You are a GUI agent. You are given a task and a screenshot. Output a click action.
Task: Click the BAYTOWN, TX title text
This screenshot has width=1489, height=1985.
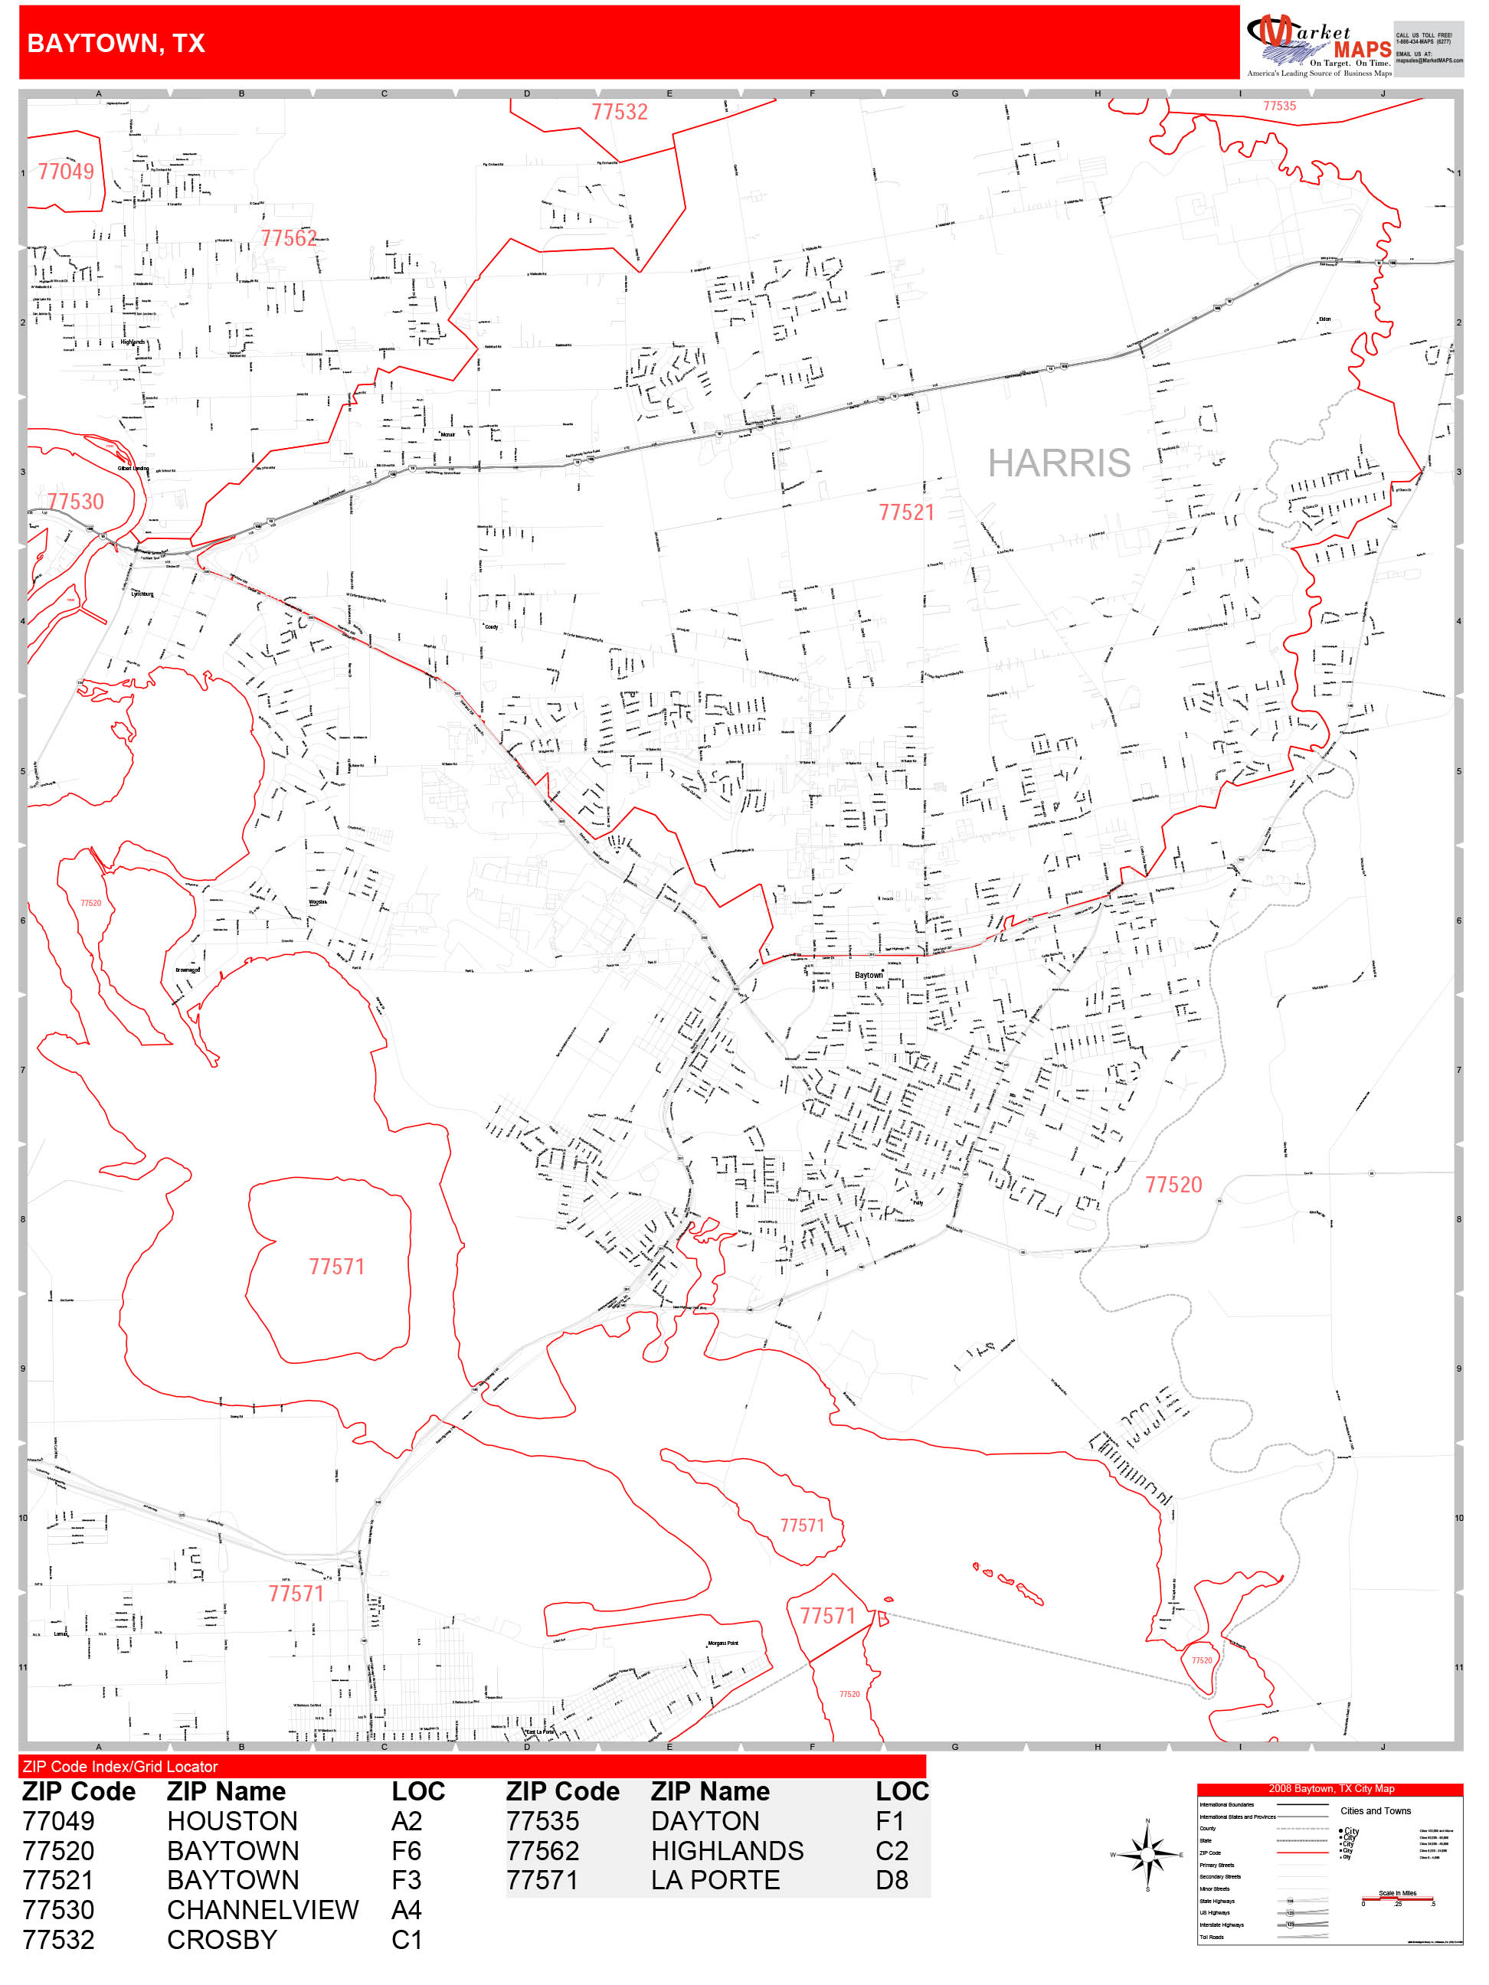tap(116, 43)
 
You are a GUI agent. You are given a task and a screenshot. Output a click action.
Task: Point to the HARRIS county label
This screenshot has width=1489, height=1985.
tap(1059, 463)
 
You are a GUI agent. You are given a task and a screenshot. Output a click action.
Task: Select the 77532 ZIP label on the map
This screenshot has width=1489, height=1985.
tap(620, 112)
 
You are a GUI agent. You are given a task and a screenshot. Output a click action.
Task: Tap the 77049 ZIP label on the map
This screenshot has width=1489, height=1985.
tap(66, 172)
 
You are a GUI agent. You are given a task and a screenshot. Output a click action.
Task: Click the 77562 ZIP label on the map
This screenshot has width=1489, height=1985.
tap(289, 239)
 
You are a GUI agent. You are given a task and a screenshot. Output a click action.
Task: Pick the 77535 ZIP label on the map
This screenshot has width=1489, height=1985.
tap(1279, 106)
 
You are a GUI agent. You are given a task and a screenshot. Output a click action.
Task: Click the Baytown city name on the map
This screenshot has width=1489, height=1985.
tap(868, 975)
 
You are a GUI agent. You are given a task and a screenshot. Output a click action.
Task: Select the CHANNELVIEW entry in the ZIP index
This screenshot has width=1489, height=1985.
tap(262, 1910)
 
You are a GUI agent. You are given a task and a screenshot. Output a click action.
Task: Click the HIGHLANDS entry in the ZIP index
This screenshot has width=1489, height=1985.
tap(727, 1850)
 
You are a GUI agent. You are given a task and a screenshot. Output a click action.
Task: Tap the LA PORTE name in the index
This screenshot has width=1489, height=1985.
tap(715, 1880)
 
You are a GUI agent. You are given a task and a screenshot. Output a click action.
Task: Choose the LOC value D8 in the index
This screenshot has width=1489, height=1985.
tap(892, 1880)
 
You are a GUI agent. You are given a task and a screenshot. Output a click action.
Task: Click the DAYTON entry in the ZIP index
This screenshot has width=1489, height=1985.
tap(705, 1821)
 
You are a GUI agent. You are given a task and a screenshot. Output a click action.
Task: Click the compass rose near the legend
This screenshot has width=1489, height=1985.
tap(1147, 1854)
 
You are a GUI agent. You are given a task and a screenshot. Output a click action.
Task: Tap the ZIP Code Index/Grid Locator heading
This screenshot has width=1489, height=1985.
tap(120, 1766)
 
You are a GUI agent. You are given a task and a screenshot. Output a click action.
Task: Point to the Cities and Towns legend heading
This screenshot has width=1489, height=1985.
tap(1375, 1811)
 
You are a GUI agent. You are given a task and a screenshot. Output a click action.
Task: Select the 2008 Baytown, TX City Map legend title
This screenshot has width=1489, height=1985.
tap(1330, 1788)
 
